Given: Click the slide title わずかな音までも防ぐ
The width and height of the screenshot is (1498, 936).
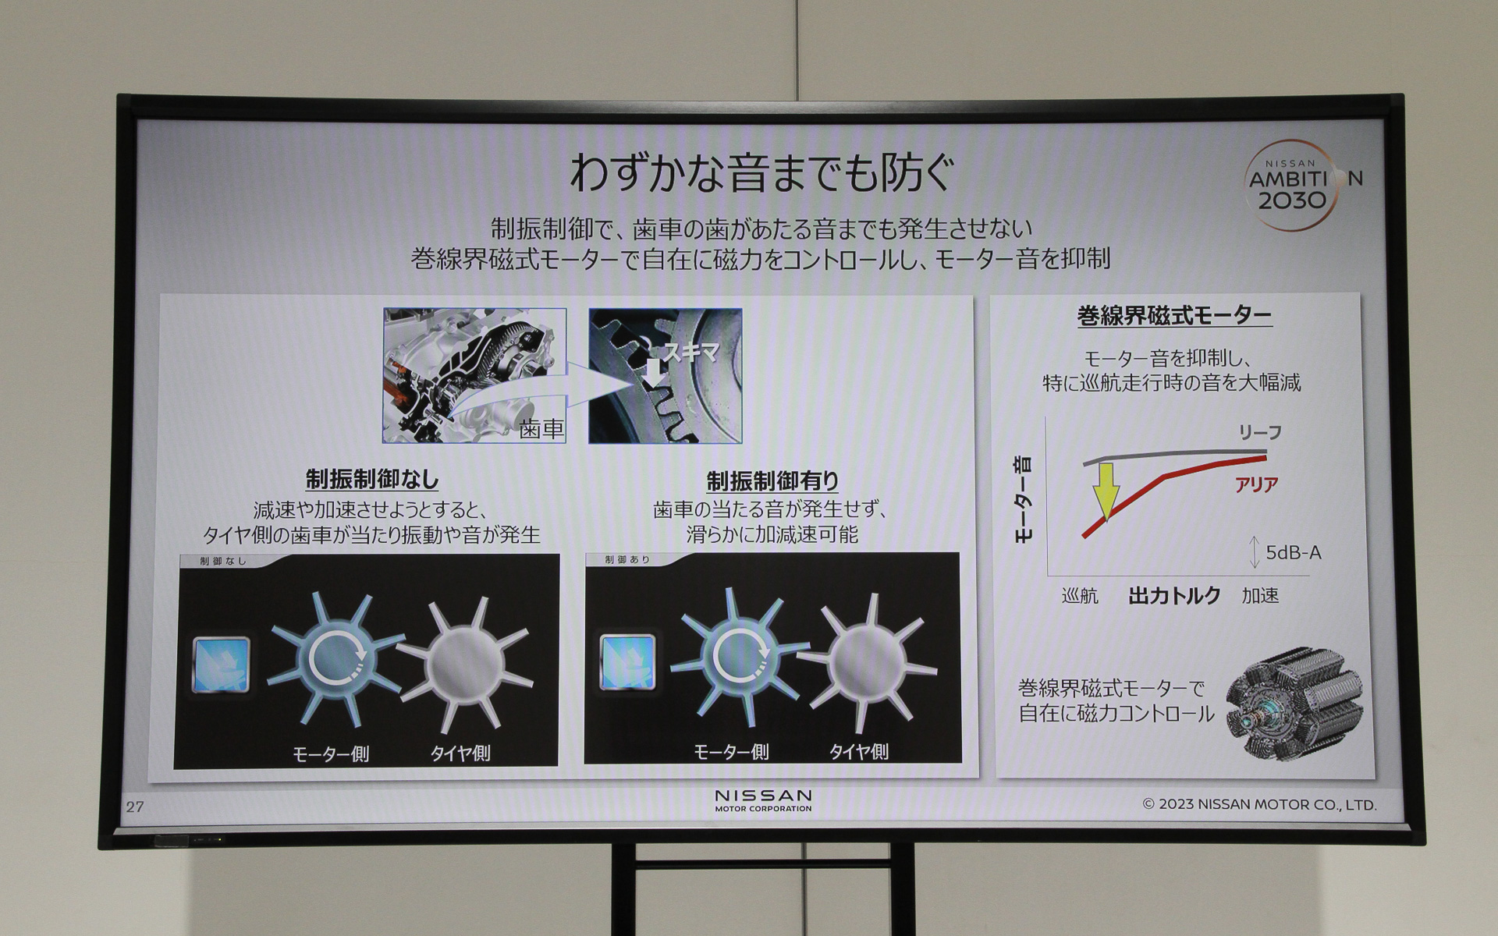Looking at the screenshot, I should pyautogui.click(x=762, y=172).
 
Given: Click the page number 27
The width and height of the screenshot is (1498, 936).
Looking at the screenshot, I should pyautogui.click(x=135, y=807).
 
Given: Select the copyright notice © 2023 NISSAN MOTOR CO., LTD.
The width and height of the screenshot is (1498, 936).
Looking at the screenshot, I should pyautogui.click(x=1259, y=804).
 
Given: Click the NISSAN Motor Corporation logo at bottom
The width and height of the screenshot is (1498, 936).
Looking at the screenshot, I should pyautogui.click(x=763, y=799).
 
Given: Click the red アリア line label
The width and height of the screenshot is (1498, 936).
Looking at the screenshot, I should pyautogui.click(x=1256, y=484).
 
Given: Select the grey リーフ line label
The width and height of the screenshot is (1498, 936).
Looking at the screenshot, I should pyautogui.click(x=1259, y=432).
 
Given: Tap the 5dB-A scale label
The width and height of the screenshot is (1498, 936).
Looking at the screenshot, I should pyautogui.click(x=1293, y=553).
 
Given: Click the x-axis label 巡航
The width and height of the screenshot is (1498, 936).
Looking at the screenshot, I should pyautogui.click(x=1080, y=596).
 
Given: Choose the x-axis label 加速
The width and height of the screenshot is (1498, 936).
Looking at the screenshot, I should pyautogui.click(x=1260, y=596).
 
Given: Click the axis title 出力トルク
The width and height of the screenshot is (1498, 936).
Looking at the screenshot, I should pyautogui.click(x=1174, y=596).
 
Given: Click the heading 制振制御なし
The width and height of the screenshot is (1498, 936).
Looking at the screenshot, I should pyautogui.click(x=372, y=479).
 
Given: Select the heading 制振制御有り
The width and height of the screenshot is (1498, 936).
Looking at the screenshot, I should pyautogui.click(x=772, y=480).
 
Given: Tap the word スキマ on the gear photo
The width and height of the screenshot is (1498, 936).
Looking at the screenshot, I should pyautogui.click(x=690, y=353).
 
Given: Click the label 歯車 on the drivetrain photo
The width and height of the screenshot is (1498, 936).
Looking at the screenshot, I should pyautogui.click(x=541, y=428).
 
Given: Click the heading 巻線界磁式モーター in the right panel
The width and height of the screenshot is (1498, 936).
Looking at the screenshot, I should pyautogui.click(x=1174, y=316).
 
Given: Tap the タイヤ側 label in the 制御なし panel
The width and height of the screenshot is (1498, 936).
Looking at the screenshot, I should pyautogui.click(x=460, y=753).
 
